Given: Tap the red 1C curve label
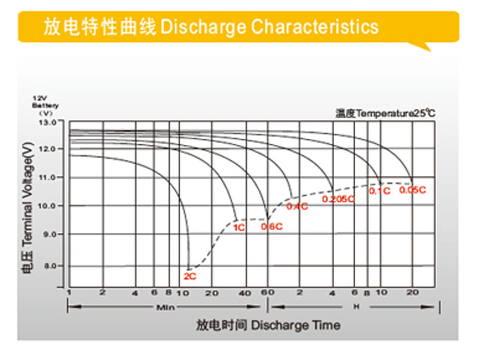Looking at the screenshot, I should [x=239, y=228].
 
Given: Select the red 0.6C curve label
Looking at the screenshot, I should [x=272, y=227].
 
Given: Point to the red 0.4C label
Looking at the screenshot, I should [x=297, y=206].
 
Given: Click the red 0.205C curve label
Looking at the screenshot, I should [x=338, y=199].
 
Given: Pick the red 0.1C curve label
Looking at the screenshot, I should [x=380, y=191].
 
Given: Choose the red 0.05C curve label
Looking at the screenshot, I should [x=412, y=190].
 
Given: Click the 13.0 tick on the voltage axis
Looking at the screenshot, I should [x=47, y=122].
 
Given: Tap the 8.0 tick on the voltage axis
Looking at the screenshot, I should [x=50, y=265].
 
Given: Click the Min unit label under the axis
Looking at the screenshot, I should [x=166, y=308].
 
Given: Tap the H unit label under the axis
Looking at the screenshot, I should [x=357, y=307].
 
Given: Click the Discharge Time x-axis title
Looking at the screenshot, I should [x=295, y=325].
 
